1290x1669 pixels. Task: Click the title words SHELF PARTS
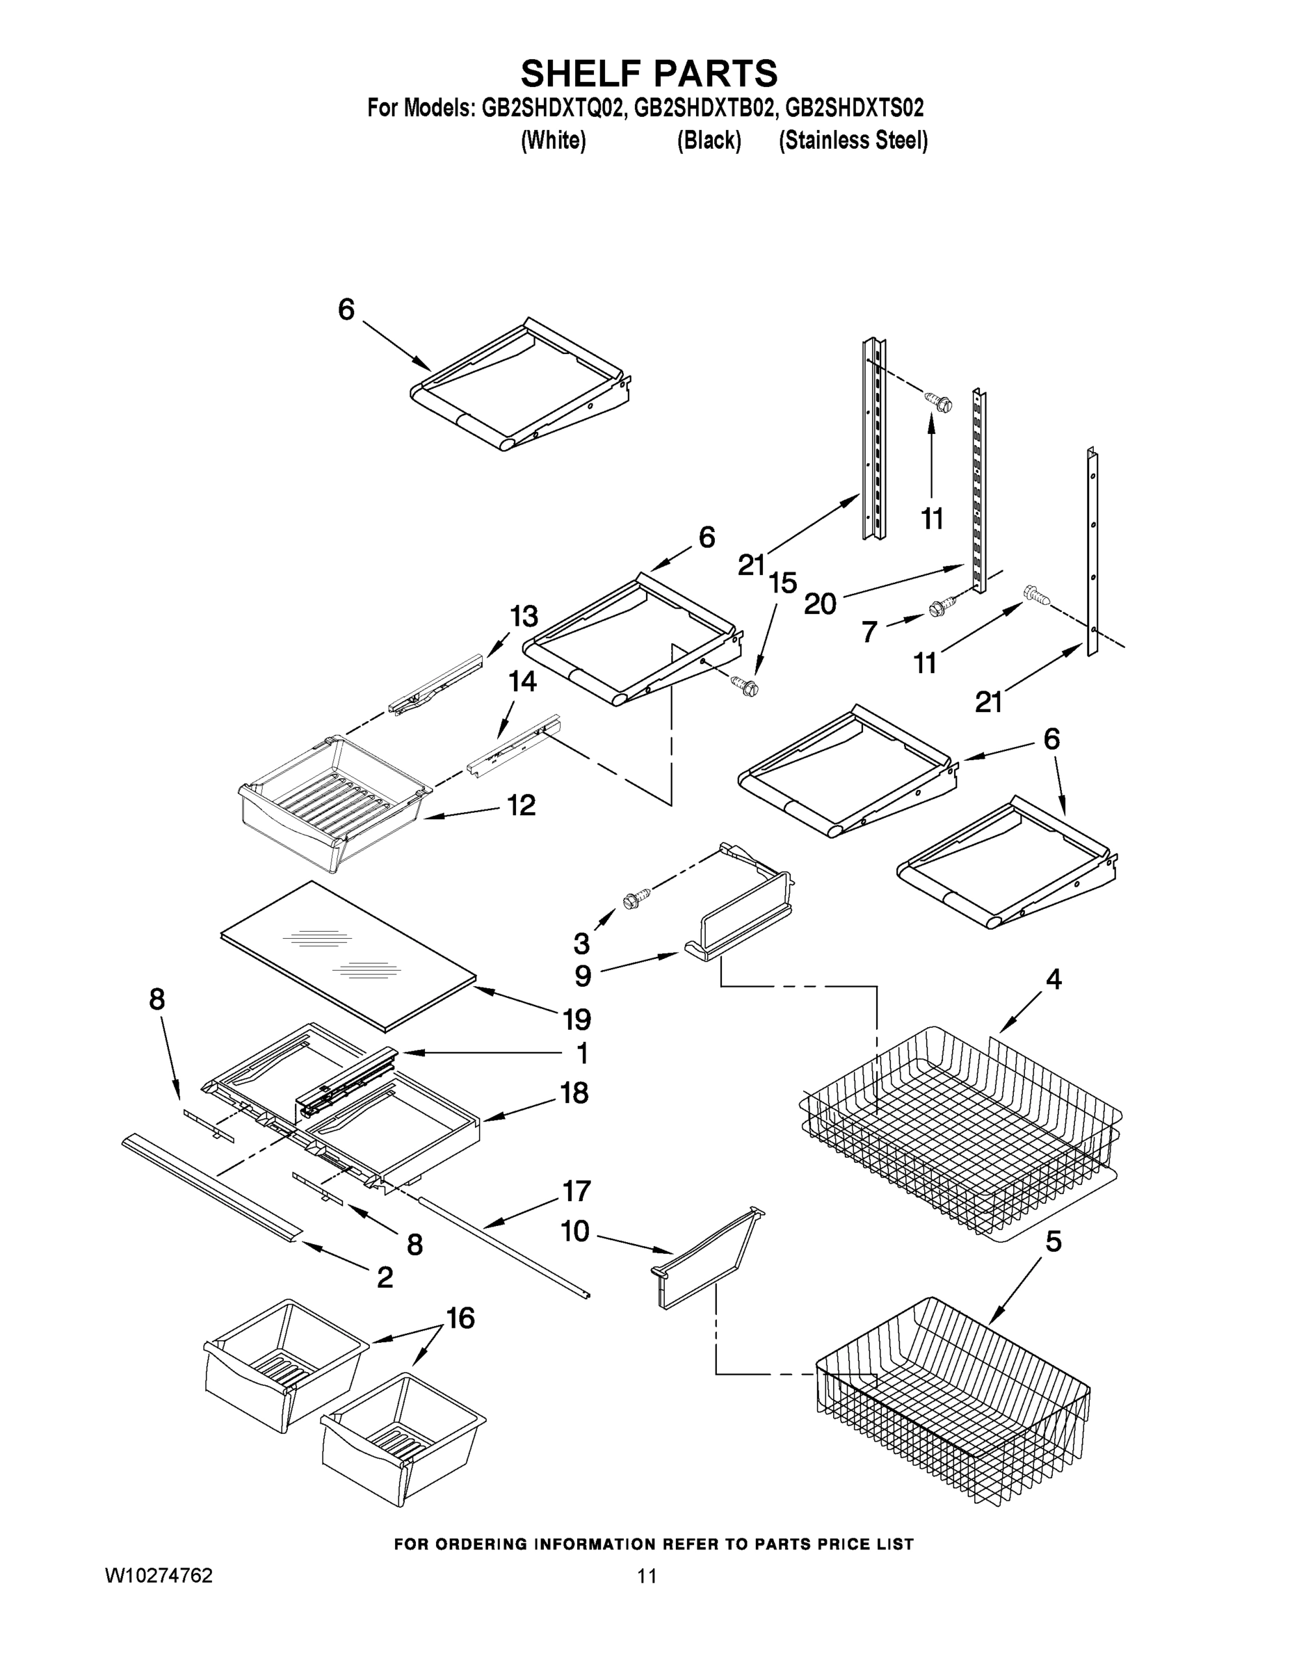649,73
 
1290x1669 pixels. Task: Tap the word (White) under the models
554,140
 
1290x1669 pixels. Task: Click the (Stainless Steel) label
853,140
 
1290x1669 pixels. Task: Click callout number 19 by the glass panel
577,1019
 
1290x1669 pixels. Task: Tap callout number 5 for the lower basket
1053,1242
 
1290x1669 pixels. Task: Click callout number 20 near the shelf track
820,604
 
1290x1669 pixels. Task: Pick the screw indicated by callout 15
743,685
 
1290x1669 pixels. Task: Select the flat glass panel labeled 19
348,956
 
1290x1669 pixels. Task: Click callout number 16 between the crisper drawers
460,1319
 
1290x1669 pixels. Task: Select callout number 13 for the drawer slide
524,616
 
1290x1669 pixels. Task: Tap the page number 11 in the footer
647,1576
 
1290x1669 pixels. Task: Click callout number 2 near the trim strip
385,1277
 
